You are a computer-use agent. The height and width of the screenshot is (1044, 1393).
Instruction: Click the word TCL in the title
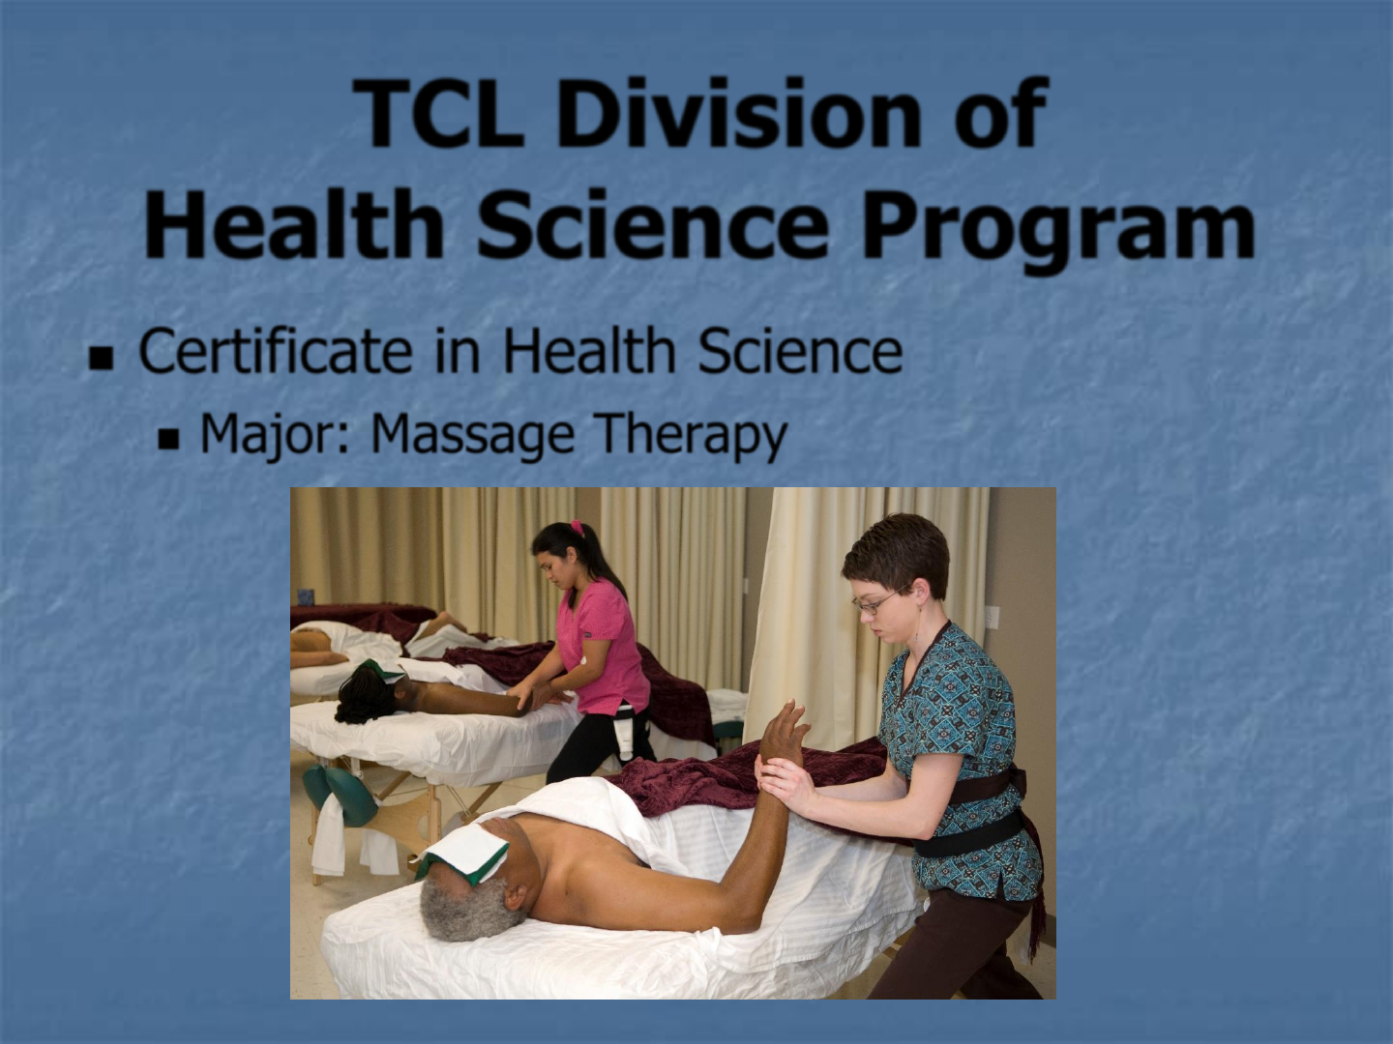tap(438, 113)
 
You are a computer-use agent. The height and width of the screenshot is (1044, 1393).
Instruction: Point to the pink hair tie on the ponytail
tap(577, 526)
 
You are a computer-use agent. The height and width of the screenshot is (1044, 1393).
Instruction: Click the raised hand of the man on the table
tap(785, 730)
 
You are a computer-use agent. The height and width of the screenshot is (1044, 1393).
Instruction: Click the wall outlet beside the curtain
tap(993, 617)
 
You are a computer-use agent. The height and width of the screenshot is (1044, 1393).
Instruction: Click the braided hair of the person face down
tap(364, 695)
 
